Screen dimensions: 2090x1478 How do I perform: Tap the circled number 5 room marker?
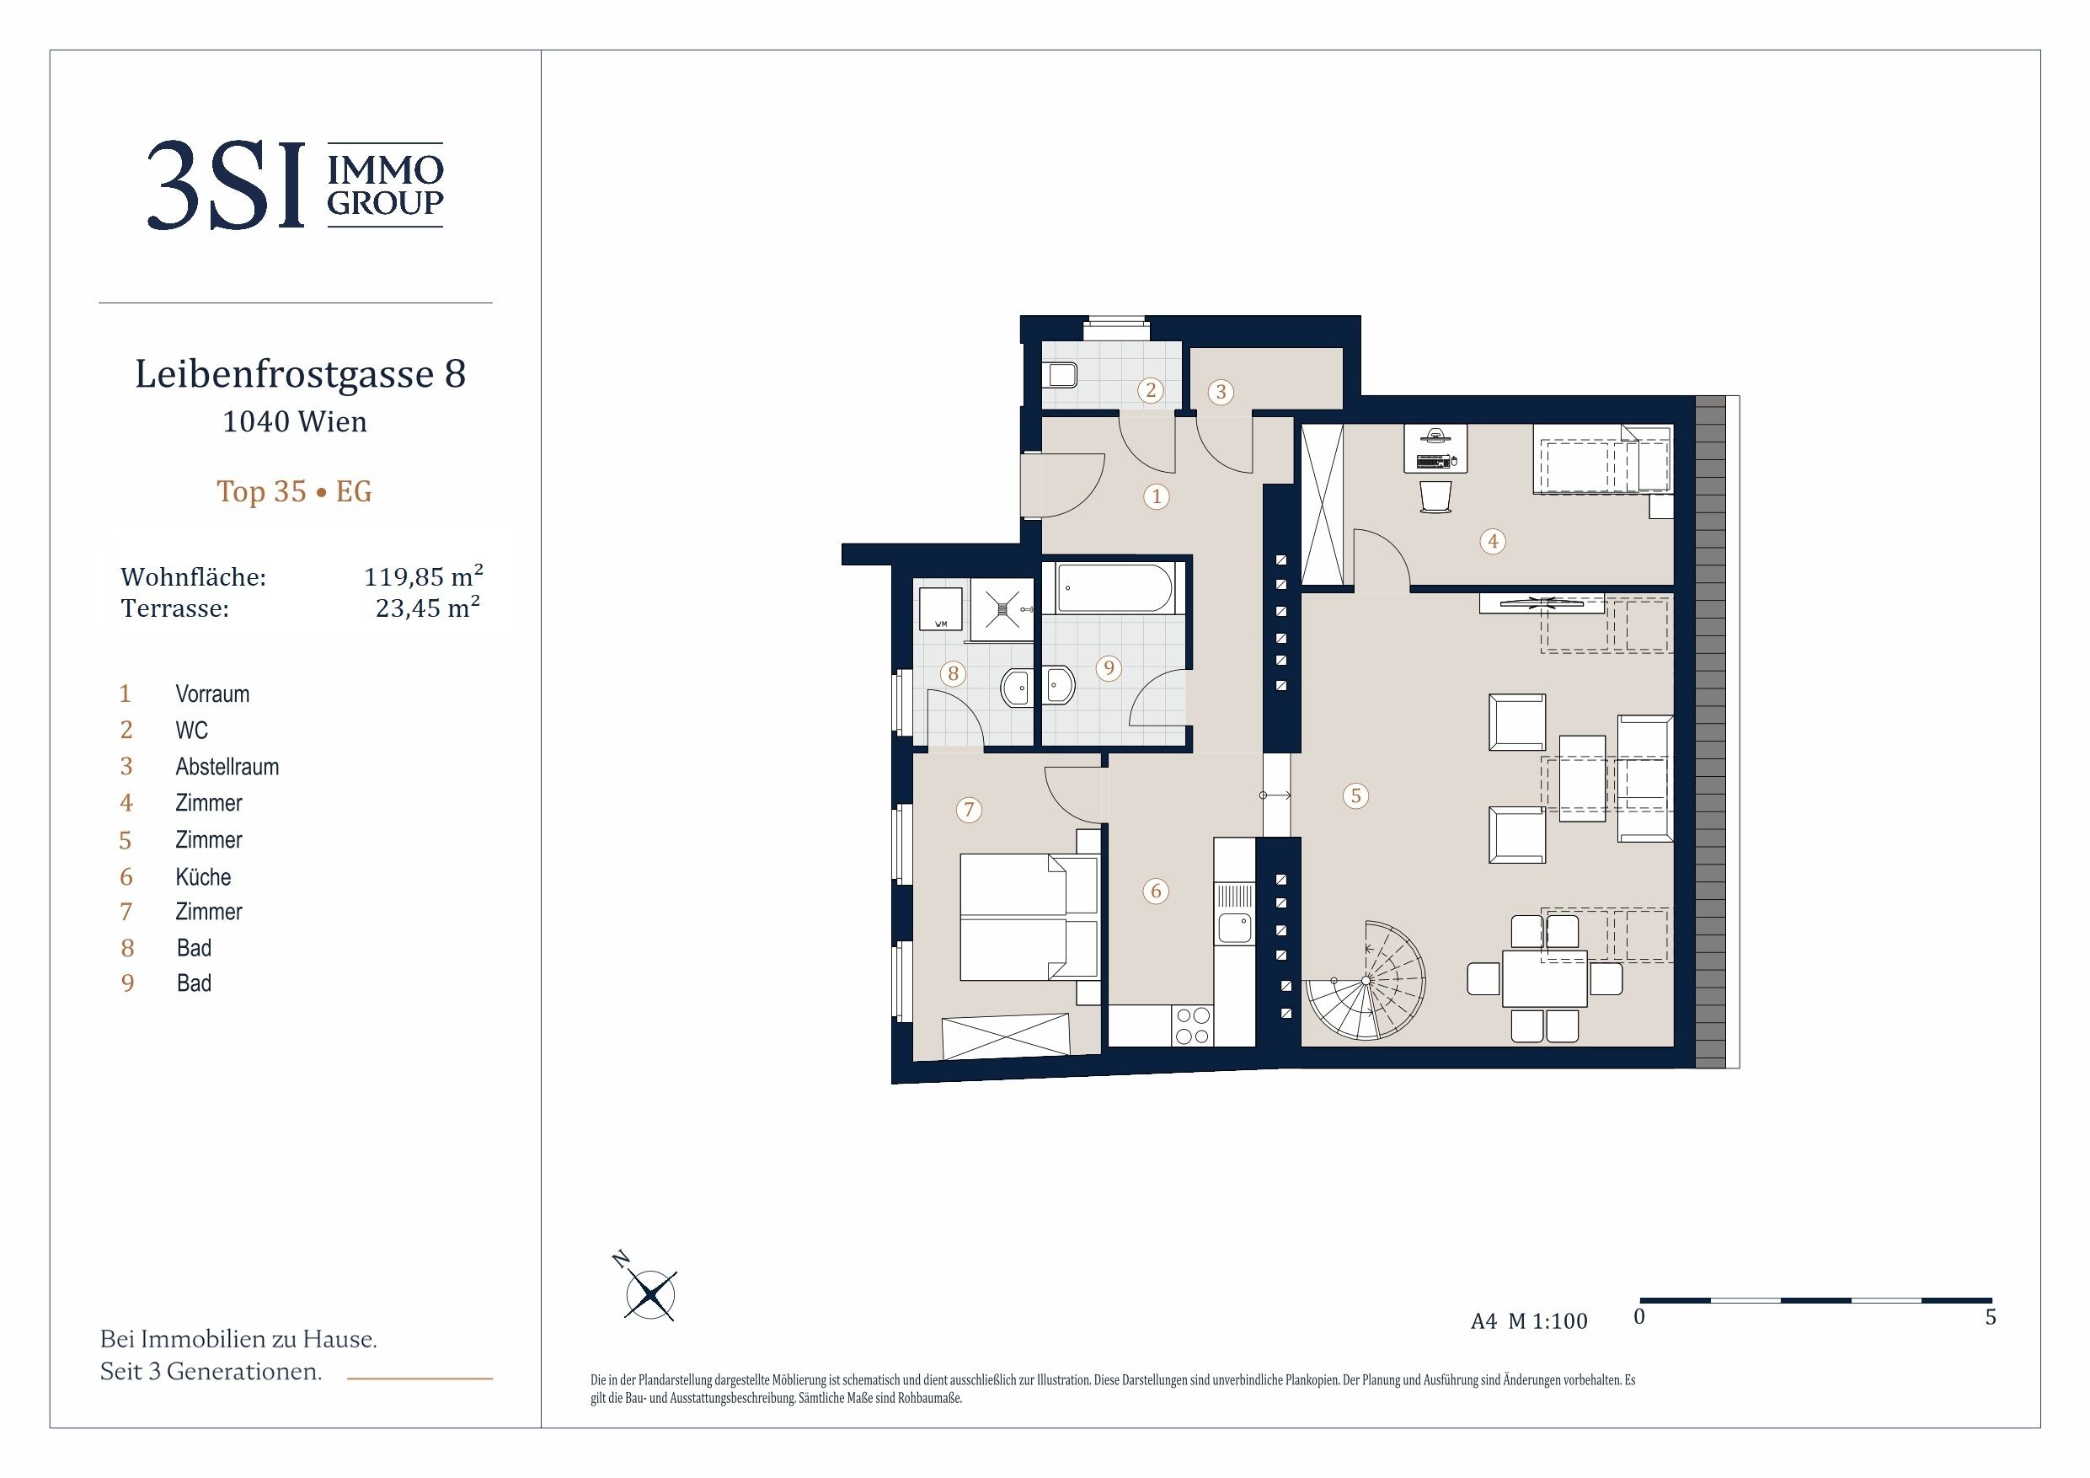tap(1355, 796)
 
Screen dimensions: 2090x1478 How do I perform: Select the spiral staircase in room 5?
tap(1366, 981)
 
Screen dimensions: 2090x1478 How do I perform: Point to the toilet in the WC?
tap(1060, 374)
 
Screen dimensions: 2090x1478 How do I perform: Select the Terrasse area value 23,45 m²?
tap(428, 607)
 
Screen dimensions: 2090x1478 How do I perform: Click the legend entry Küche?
tap(203, 876)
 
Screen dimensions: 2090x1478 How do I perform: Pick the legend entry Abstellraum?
tap(227, 767)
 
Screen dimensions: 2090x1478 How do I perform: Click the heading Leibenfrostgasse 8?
tap(301, 373)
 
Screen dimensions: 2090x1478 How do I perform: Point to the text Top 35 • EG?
tap(294, 492)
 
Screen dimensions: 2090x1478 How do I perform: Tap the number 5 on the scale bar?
tap(1991, 1318)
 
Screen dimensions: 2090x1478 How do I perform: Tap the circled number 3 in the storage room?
tap(1221, 392)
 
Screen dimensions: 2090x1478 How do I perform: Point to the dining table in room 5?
tap(1545, 979)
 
